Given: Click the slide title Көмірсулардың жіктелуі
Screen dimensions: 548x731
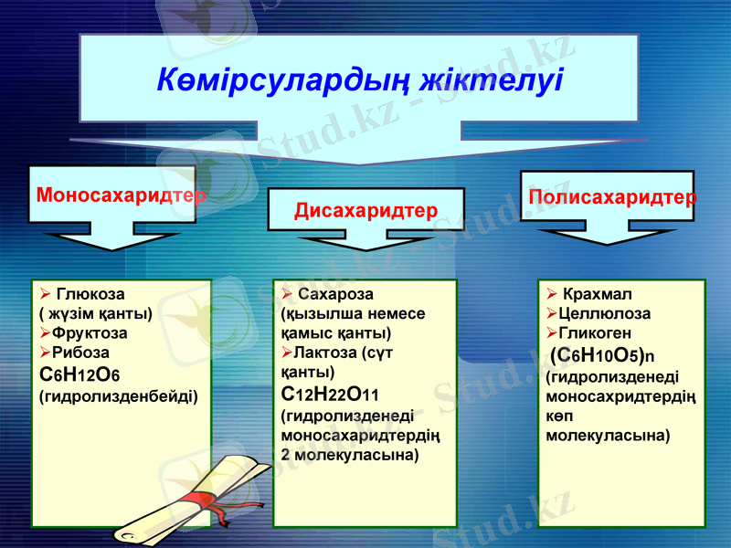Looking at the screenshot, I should pyautogui.click(x=359, y=80).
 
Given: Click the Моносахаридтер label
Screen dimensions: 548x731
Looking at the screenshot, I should pyautogui.click(x=121, y=195).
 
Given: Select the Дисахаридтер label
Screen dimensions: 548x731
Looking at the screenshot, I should pyautogui.click(x=366, y=211).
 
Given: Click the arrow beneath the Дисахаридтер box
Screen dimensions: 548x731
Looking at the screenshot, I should pyautogui.click(x=366, y=238).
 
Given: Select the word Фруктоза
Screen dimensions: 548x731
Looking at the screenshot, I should pyautogui.click(x=90, y=333).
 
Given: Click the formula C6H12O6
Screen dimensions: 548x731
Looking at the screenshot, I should pyautogui.click(x=80, y=374).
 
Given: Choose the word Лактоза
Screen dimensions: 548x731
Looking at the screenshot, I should pyautogui.click(x=324, y=353).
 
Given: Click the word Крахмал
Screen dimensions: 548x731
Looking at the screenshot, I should pyautogui.click(x=598, y=294).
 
